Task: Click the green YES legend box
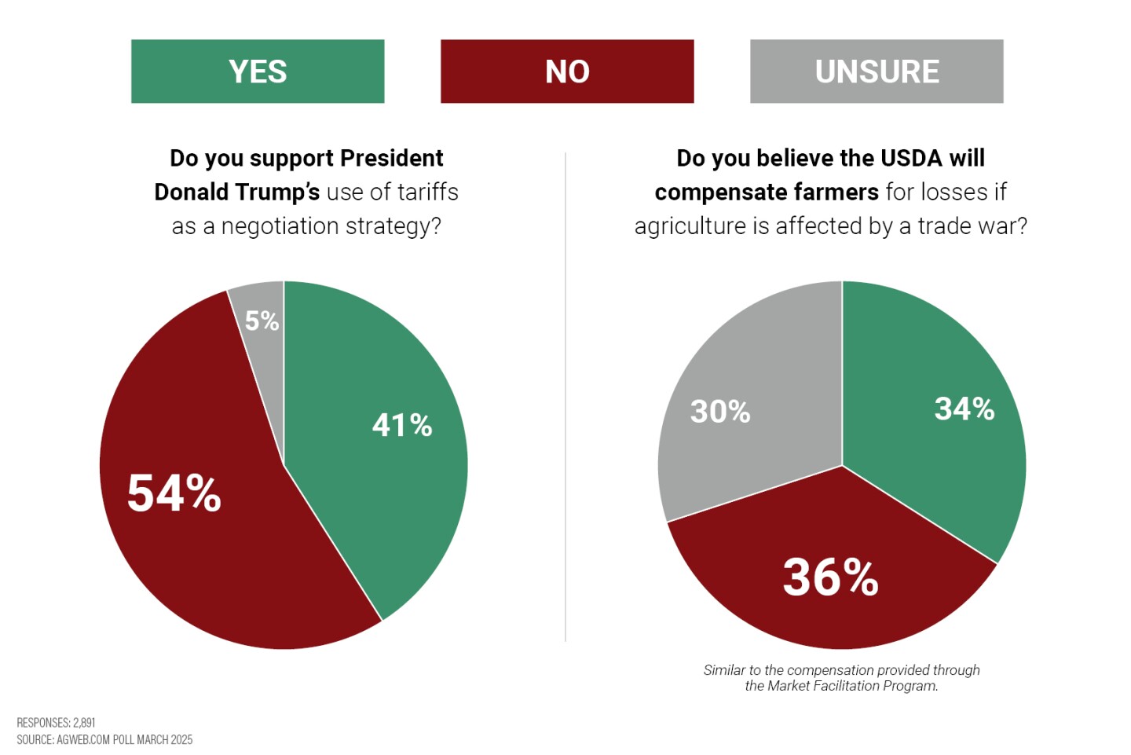(x=258, y=71)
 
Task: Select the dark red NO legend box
(x=567, y=71)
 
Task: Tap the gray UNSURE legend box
(x=877, y=71)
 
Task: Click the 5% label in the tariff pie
(x=262, y=321)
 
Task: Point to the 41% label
(x=402, y=425)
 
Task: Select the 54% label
(x=174, y=493)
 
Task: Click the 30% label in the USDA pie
(x=720, y=412)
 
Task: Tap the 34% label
(x=964, y=409)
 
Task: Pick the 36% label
(x=830, y=577)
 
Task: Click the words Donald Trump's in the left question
(x=236, y=192)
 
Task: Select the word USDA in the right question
(x=911, y=158)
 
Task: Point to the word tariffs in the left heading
(x=427, y=192)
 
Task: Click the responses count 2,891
(x=84, y=723)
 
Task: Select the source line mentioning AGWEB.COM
(x=104, y=740)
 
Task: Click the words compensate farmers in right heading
(x=767, y=192)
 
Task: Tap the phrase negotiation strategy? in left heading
(x=331, y=226)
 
